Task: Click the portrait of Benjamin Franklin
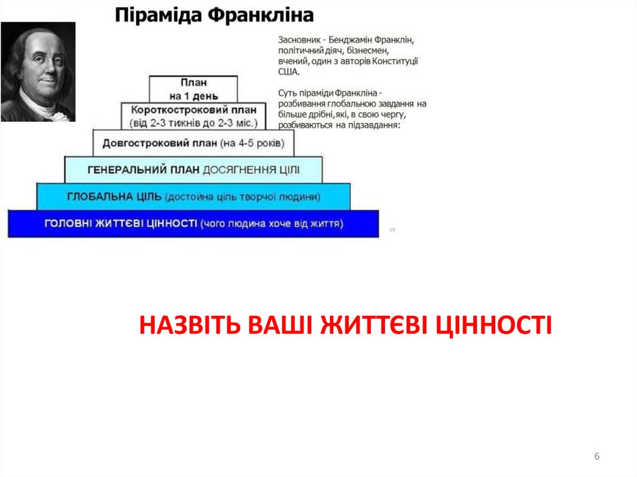(38, 72)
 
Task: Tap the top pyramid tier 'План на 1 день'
(193, 88)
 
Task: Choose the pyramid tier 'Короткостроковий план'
(193, 116)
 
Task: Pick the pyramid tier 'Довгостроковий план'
(193, 143)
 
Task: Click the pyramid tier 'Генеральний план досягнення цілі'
(193, 170)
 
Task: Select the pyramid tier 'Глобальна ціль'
(193, 197)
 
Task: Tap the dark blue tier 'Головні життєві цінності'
(193, 223)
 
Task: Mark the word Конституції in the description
(396, 62)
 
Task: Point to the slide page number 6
(597, 457)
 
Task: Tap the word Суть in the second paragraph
(287, 93)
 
